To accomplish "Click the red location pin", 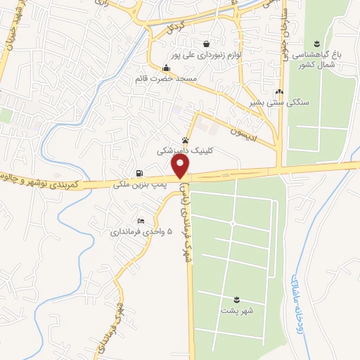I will click(x=181, y=165).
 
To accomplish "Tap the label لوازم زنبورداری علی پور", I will click(x=205, y=53).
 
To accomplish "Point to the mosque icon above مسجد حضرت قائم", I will click(x=165, y=68).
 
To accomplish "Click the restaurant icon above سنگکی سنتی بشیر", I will click(x=280, y=92).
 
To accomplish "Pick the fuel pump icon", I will click(x=139, y=174).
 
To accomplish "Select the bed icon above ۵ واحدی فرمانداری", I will click(x=141, y=221).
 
